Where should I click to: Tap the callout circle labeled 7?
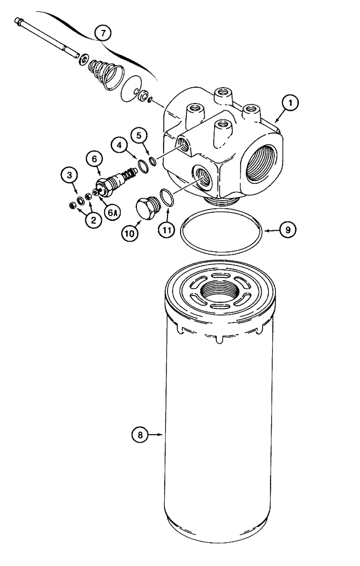click(102, 33)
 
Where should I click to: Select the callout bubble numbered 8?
click(140, 435)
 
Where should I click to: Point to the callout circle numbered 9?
click(288, 230)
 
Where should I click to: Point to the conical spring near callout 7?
click(106, 72)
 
